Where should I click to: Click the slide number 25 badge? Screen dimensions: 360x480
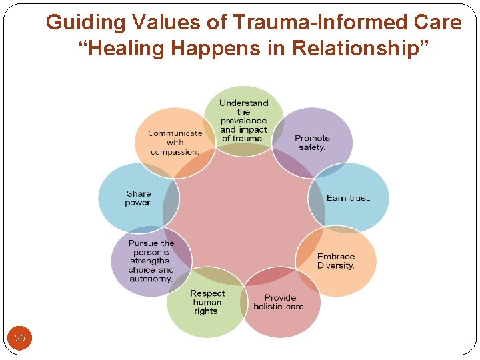(x=20, y=338)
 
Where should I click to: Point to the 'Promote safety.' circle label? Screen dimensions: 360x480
(x=312, y=143)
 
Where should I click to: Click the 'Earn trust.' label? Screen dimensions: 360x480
(x=349, y=198)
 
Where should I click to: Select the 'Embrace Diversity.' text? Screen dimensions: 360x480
(x=336, y=261)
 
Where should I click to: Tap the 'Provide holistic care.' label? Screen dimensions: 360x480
(x=280, y=302)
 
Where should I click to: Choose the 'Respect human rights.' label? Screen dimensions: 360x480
(x=207, y=302)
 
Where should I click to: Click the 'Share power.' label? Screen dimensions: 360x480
(x=138, y=199)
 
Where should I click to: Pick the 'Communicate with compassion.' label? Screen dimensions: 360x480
(x=175, y=143)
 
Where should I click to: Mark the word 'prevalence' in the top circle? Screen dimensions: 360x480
(x=243, y=121)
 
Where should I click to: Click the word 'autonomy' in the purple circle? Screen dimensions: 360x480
(x=150, y=279)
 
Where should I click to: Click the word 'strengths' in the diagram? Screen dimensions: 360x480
(x=151, y=261)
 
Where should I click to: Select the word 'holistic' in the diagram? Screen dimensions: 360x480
(x=269, y=307)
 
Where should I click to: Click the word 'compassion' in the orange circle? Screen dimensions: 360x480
(x=175, y=152)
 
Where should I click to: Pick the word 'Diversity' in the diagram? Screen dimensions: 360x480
(x=336, y=266)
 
